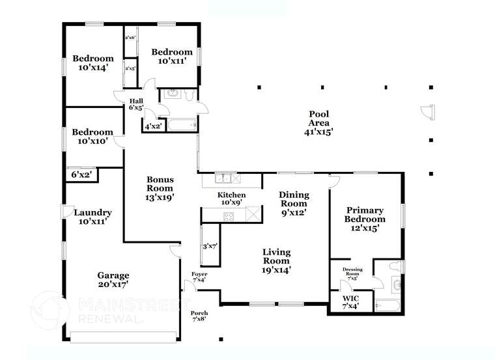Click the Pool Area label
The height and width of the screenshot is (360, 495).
[x=318, y=123]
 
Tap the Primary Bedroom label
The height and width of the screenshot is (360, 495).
[x=365, y=219]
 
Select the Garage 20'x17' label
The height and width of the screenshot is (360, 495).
[x=113, y=279]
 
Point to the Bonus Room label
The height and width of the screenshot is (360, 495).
[x=160, y=187]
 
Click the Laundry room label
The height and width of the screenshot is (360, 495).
[x=92, y=217]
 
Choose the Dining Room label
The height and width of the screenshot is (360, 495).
[x=293, y=202]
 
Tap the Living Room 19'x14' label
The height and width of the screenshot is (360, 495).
[x=277, y=260]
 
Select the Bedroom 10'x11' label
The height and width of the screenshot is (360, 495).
[x=172, y=57]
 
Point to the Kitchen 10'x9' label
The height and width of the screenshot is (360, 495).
[x=231, y=199]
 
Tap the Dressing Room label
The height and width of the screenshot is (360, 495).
[x=352, y=274]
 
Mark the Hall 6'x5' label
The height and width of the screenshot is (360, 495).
[x=136, y=104]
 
